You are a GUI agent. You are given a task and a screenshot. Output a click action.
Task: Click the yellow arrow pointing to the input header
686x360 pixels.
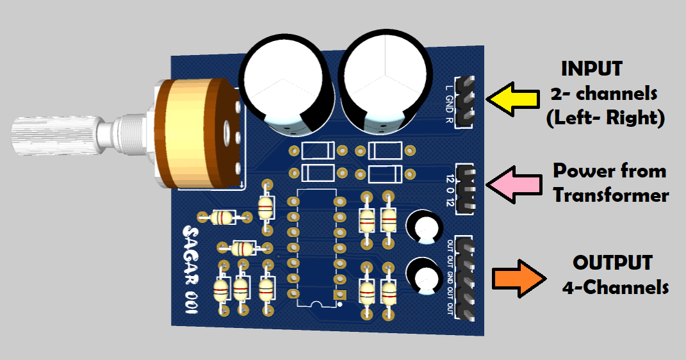coord(512,99)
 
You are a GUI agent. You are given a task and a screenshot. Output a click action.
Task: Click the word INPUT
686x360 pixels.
coord(591,69)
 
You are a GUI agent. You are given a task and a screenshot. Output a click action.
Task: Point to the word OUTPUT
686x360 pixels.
coord(612,263)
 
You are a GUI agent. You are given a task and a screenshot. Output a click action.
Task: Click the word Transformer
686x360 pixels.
coord(611,195)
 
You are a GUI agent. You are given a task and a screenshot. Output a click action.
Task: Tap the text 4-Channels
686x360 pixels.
coord(615,288)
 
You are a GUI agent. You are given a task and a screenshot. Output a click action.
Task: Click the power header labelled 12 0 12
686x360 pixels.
coord(466,185)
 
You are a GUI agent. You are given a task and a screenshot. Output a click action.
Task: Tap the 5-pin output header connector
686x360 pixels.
coord(466,279)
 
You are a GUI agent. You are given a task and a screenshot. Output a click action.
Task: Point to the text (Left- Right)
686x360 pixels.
coord(605,119)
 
